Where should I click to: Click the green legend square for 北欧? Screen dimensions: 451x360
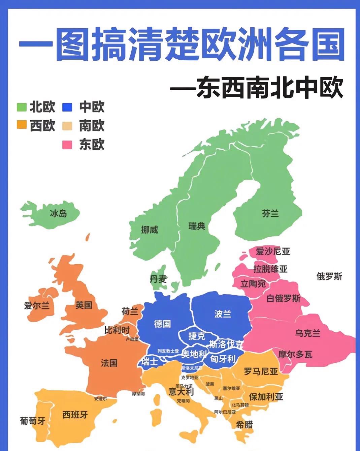[22, 107]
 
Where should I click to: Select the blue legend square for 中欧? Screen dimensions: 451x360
[67, 107]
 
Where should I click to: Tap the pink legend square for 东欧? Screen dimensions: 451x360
[67, 145]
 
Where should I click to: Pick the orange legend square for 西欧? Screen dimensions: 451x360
[22, 125]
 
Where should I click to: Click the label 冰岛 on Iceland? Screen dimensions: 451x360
[58, 213]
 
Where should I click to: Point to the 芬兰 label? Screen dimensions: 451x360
[270, 213]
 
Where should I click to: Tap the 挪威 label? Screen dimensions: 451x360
[150, 230]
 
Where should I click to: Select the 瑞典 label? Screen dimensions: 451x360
[197, 226]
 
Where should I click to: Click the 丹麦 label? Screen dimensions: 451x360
[158, 279]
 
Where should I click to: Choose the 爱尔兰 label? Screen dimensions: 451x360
[37, 305]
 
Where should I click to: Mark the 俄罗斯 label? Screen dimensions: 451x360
[329, 276]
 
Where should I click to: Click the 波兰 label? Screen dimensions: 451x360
[223, 314]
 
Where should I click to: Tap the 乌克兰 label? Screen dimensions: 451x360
[307, 333]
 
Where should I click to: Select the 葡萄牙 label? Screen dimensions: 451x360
[33, 420]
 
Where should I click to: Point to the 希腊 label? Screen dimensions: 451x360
[244, 424]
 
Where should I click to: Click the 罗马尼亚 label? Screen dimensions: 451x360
[261, 371]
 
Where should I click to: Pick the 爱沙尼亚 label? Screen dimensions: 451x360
[273, 251]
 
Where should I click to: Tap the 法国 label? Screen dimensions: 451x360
[109, 363]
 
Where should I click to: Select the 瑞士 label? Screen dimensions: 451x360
[150, 361]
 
